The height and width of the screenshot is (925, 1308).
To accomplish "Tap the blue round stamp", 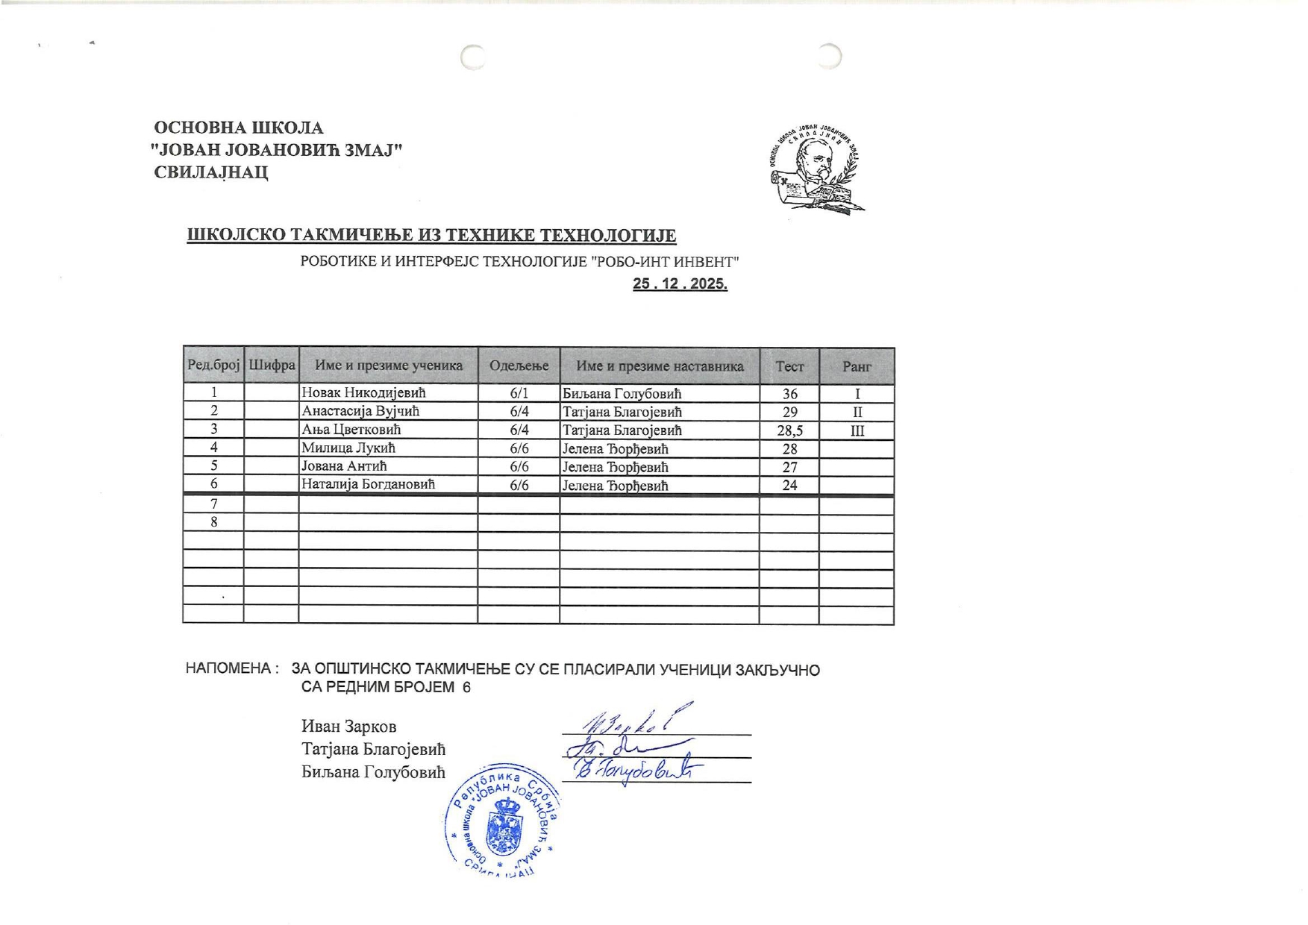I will [501, 819].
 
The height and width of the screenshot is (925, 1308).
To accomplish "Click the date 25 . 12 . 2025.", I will [680, 283].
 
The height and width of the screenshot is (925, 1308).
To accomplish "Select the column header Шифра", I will [272, 366].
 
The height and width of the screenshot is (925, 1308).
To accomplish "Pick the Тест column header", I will [789, 366].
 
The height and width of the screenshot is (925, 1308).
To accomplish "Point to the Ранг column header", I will [857, 366].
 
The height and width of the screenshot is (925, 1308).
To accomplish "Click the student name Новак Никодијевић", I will [363, 392].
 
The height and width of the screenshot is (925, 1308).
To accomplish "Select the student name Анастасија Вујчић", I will [360, 411].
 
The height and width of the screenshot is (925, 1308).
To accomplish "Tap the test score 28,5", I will [789, 430].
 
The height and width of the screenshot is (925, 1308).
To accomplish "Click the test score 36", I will [789, 394].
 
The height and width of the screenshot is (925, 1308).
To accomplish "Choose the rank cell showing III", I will [857, 430].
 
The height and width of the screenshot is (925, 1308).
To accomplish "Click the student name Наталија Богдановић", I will [368, 484].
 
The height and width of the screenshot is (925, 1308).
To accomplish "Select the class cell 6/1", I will [519, 393].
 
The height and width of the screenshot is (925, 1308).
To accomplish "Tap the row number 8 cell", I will [214, 521].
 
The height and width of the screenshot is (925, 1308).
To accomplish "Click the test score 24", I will [789, 486].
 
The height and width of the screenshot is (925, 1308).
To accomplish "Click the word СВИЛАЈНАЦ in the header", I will [211, 172].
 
